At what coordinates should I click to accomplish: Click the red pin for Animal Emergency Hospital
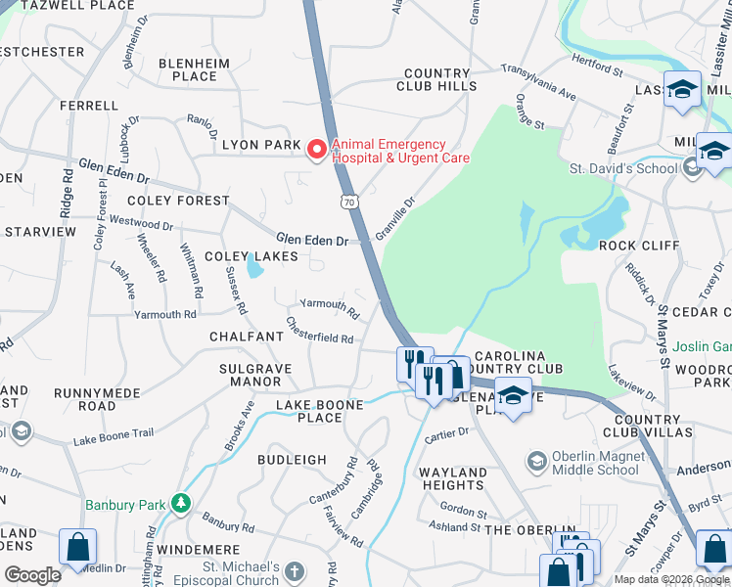point(316,149)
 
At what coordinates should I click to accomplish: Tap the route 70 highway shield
point(349,202)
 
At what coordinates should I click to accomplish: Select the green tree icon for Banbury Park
point(179,503)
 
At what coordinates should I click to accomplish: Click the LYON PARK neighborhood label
point(260,145)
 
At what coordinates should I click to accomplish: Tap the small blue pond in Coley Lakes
point(254,265)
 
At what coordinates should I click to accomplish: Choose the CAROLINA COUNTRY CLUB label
point(518,361)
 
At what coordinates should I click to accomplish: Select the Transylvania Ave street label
point(538,82)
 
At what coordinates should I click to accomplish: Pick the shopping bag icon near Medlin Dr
point(77,547)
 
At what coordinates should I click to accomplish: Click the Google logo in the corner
point(32,575)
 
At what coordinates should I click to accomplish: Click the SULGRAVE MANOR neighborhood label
point(249,375)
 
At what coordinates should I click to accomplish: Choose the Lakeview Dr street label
point(631,383)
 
